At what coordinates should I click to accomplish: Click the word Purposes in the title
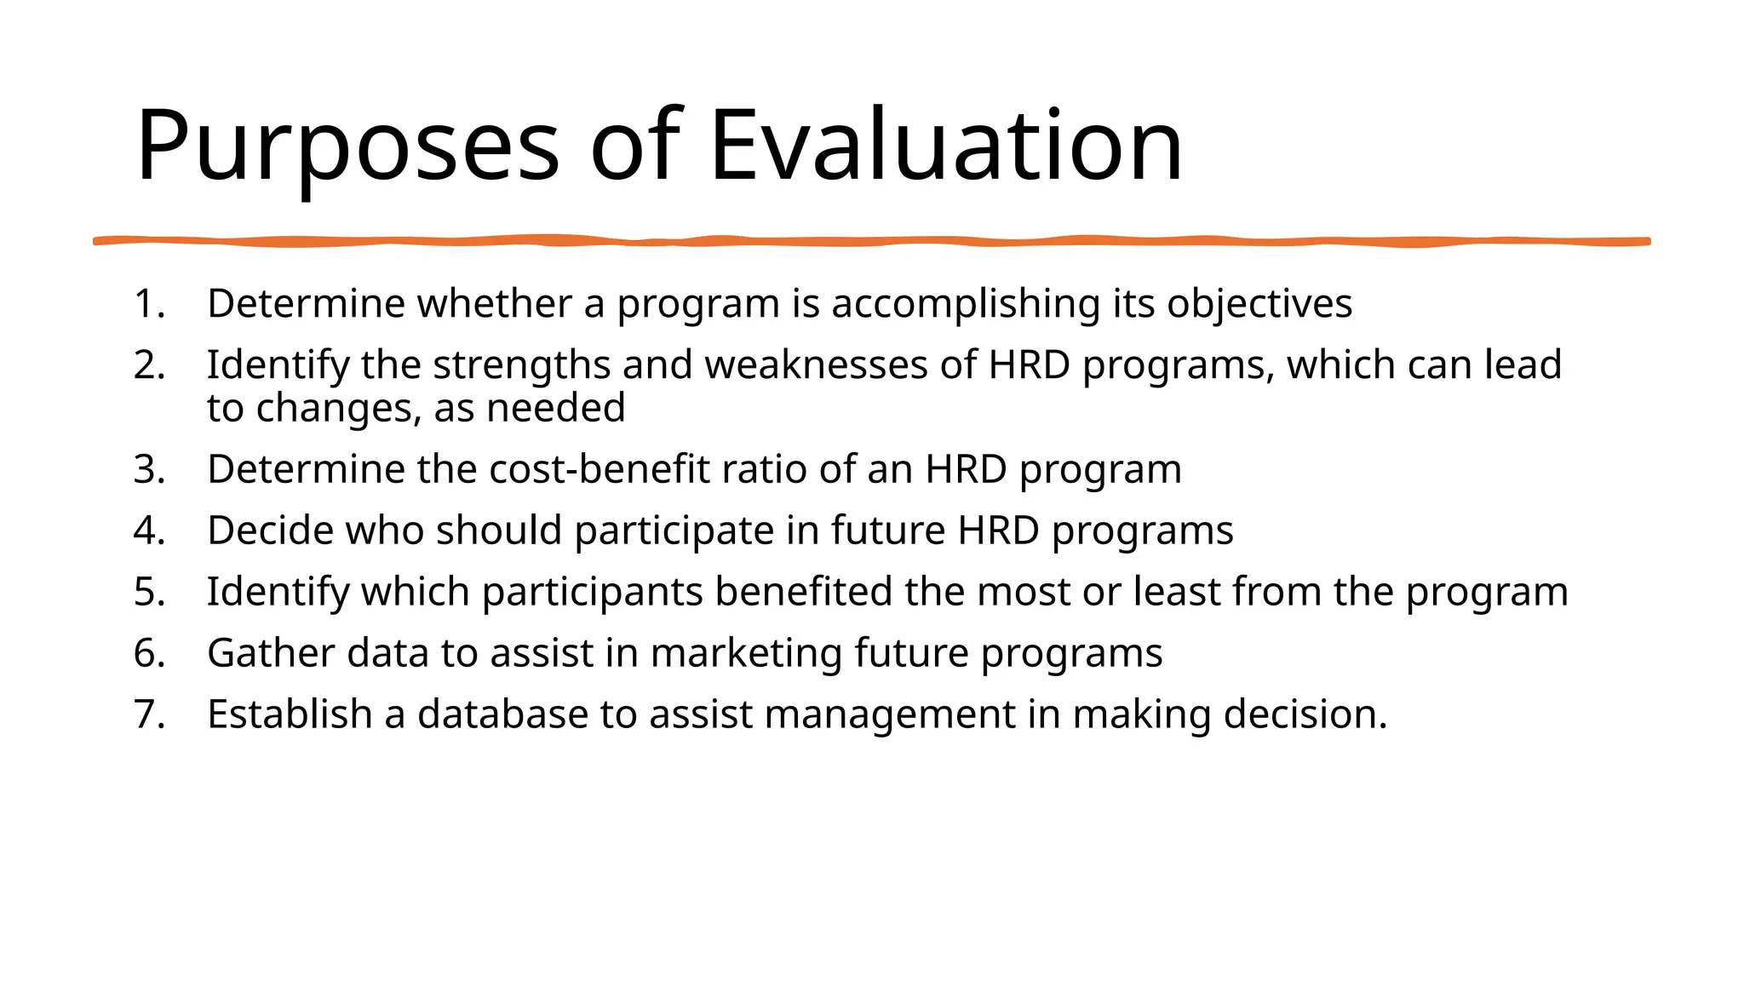(347, 146)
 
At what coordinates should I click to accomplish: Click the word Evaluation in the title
(945, 146)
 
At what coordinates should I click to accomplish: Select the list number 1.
(148, 304)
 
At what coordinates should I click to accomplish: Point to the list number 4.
(148, 531)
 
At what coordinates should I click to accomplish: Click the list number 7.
(148, 714)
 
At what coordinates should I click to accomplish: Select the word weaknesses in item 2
(816, 365)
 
